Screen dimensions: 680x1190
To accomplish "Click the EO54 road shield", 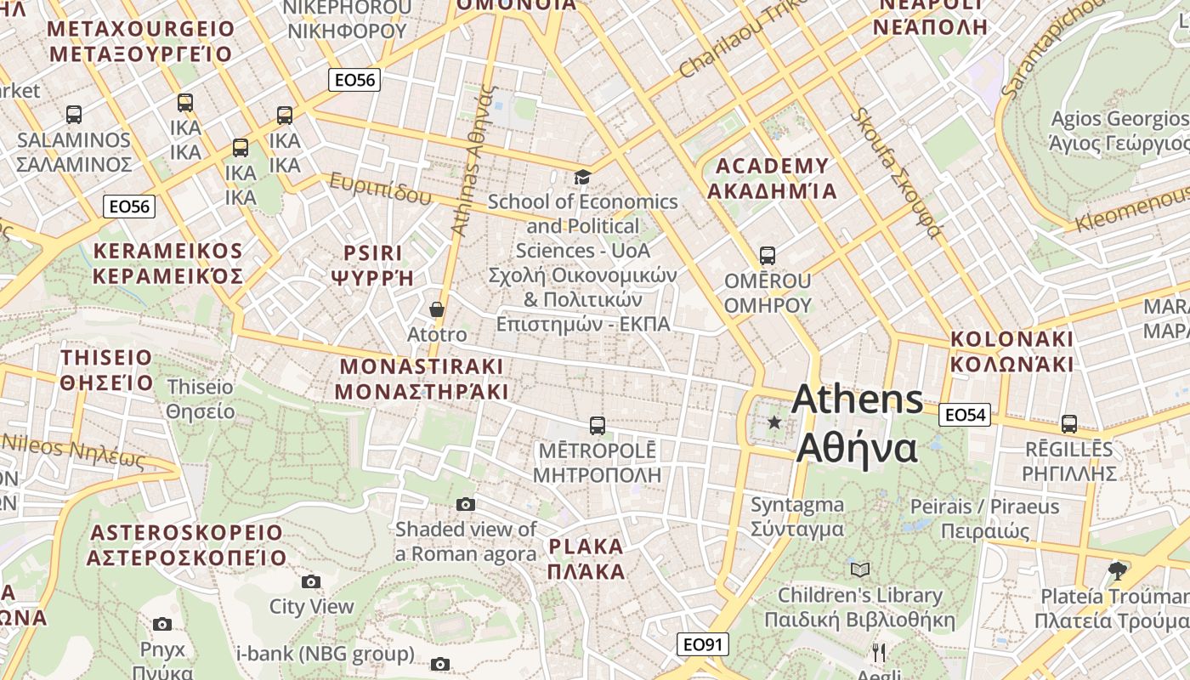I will tap(965, 415).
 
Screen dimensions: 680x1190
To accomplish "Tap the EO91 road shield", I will tap(703, 644).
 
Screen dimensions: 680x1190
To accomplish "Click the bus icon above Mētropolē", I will tap(598, 425).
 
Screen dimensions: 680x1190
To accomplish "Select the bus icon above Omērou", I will tap(768, 255).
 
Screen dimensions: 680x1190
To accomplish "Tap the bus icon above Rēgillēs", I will tap(1069, 423).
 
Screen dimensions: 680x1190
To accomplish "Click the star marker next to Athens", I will tap(774, 422).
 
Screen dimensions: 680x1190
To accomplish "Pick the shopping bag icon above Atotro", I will tap(437, 309).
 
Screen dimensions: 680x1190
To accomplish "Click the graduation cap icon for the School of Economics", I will tap(582, 177).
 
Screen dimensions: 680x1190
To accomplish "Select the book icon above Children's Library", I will tap(860, 569).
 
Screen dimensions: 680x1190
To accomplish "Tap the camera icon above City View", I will tap(311, 582).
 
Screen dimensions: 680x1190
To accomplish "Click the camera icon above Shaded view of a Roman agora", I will tap(465, 504).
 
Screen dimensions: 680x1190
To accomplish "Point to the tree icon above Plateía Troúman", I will tap(1118, 570).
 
